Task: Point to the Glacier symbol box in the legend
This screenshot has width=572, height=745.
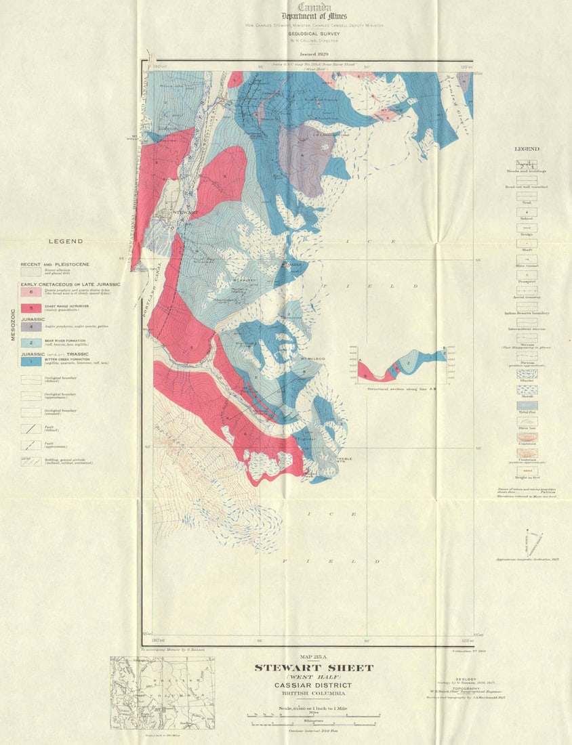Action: [x=527, y=374]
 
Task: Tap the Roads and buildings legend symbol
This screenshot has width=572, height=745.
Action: [x=527, y=164]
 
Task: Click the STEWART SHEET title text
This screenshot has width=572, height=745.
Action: [x=313, y=668]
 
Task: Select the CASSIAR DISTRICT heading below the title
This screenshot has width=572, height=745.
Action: [x=313, y=685]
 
